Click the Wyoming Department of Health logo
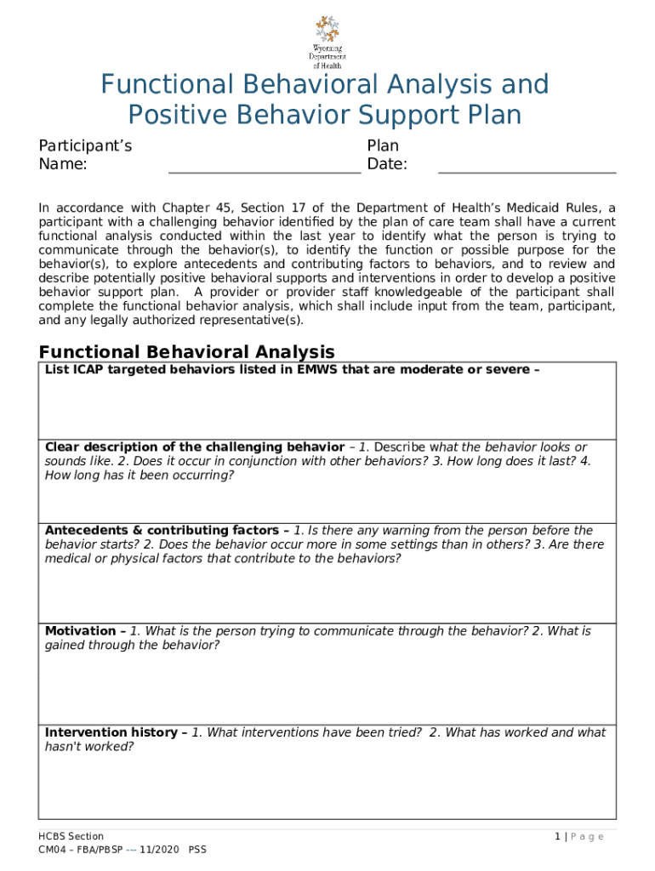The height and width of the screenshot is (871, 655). click(327, 42)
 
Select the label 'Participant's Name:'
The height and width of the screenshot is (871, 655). click(85, 155)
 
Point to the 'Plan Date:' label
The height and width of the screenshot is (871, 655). click(387, 155)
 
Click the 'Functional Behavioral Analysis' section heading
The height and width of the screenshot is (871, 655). click(187, 351)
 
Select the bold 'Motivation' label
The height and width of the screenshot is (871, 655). click(80, 631)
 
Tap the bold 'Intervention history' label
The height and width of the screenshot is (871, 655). click(111, 732)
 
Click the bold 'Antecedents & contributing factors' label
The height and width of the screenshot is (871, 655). click(162, 530)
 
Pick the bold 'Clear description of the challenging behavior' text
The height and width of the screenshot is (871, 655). click(194, 447)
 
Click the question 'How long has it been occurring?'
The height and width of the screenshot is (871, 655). click(139, 475)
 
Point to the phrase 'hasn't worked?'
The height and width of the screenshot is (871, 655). click(89, 747)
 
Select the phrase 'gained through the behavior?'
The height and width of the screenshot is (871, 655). click(132, 646)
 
